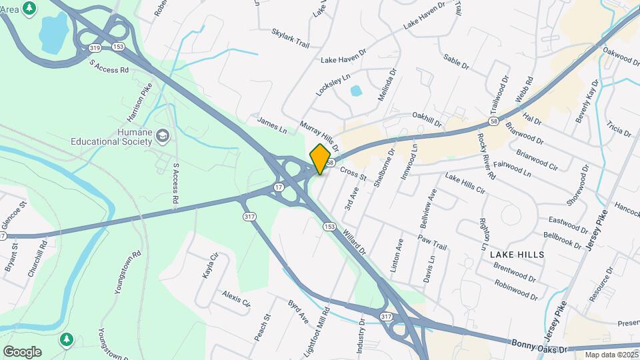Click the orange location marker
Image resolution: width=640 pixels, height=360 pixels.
tap(321, 159)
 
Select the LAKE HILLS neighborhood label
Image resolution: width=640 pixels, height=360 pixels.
tap(517, 255)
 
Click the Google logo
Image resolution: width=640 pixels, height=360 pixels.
tap(22, 351)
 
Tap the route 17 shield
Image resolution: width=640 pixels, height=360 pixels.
tap(279, 188)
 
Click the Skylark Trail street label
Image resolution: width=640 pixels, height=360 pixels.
tap(291, 38)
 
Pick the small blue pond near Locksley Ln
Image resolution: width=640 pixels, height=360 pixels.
tap(355, 90)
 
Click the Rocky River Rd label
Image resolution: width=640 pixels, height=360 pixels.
tap(485, 157)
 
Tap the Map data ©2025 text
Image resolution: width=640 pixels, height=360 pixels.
tap(611, 354)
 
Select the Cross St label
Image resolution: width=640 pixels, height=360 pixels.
tap(353, 174)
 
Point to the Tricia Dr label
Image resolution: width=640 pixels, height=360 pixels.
tap(619, 128)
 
